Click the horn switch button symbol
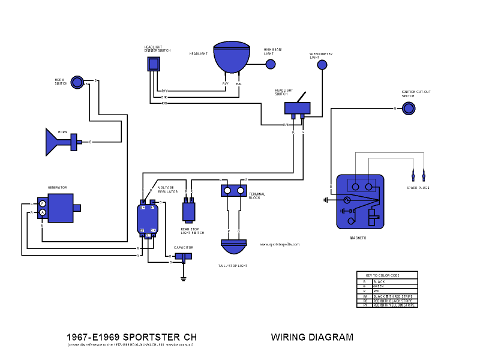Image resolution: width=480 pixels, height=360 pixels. [77, 82]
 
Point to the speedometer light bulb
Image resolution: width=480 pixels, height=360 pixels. [323, 65]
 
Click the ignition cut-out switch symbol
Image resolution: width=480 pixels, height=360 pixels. [409, 108]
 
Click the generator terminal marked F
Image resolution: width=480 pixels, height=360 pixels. [43, 204]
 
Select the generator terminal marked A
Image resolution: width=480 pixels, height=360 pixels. [43, 212]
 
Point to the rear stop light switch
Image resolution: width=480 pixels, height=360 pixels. [189, 211]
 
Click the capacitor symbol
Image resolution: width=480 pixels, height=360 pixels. [184, 257]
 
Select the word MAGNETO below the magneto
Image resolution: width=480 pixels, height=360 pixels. [358, 238]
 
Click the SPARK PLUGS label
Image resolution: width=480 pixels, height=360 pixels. [419, 188]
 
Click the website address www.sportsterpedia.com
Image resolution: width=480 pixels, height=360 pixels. [280, 244]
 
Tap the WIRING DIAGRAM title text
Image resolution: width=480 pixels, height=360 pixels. [312, 337]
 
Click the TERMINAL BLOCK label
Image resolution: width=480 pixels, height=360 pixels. [257, 196]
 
